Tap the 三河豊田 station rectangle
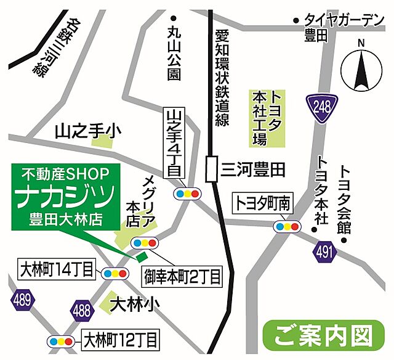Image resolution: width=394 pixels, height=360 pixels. [212, 168]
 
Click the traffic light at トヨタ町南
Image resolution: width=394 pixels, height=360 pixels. [287, 226]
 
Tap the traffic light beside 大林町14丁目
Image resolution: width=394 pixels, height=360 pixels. [115, 272]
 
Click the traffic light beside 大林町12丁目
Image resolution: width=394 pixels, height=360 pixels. [62, 340]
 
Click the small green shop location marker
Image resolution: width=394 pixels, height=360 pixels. [142, 255]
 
